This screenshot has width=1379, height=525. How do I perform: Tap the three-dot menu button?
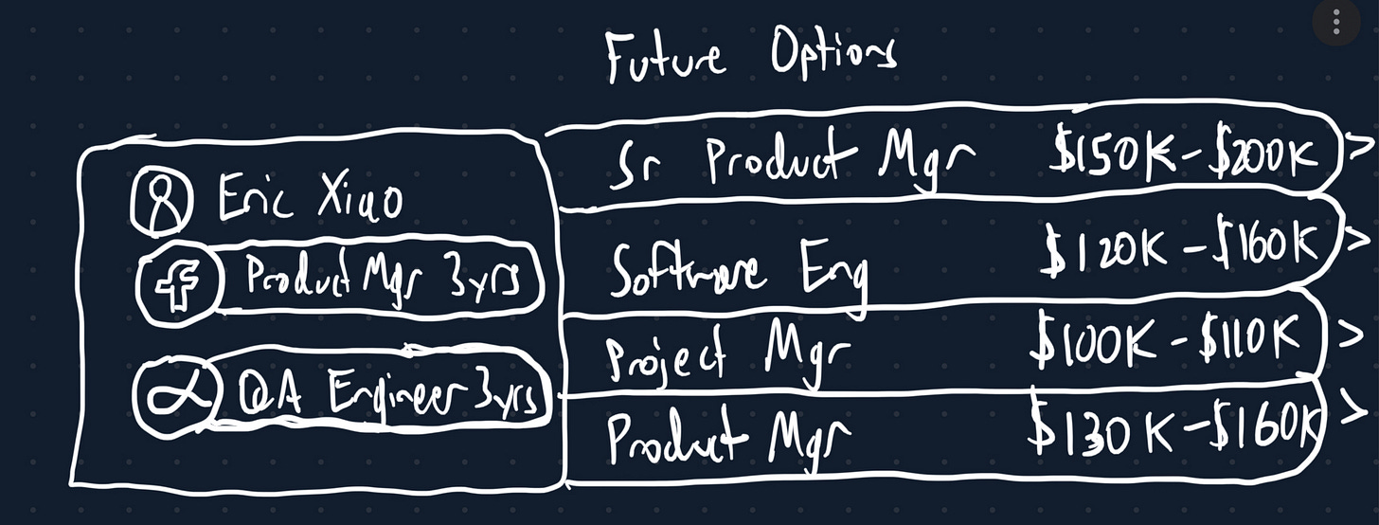pos(1335,22)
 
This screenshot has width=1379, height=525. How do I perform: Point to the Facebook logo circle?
pos(175,279)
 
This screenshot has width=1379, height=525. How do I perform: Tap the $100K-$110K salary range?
pos(1174,339)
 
